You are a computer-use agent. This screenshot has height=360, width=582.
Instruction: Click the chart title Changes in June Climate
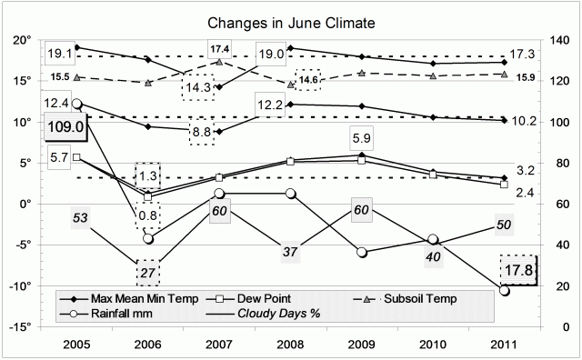coord(290,20)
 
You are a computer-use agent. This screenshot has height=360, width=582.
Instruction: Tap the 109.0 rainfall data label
coord(65,128)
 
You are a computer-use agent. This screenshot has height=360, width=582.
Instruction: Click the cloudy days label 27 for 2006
coord(148,272)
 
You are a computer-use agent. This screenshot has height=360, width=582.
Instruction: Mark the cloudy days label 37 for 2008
coord(289,250)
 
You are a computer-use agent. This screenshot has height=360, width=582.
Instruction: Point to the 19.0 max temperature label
coord(270,55)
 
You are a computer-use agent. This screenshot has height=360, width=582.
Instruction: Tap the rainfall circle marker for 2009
coord(362,252)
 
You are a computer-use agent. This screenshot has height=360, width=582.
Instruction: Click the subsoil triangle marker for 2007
coord(219,62)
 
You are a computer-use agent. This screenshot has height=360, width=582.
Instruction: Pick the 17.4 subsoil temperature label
coord(219,47)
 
